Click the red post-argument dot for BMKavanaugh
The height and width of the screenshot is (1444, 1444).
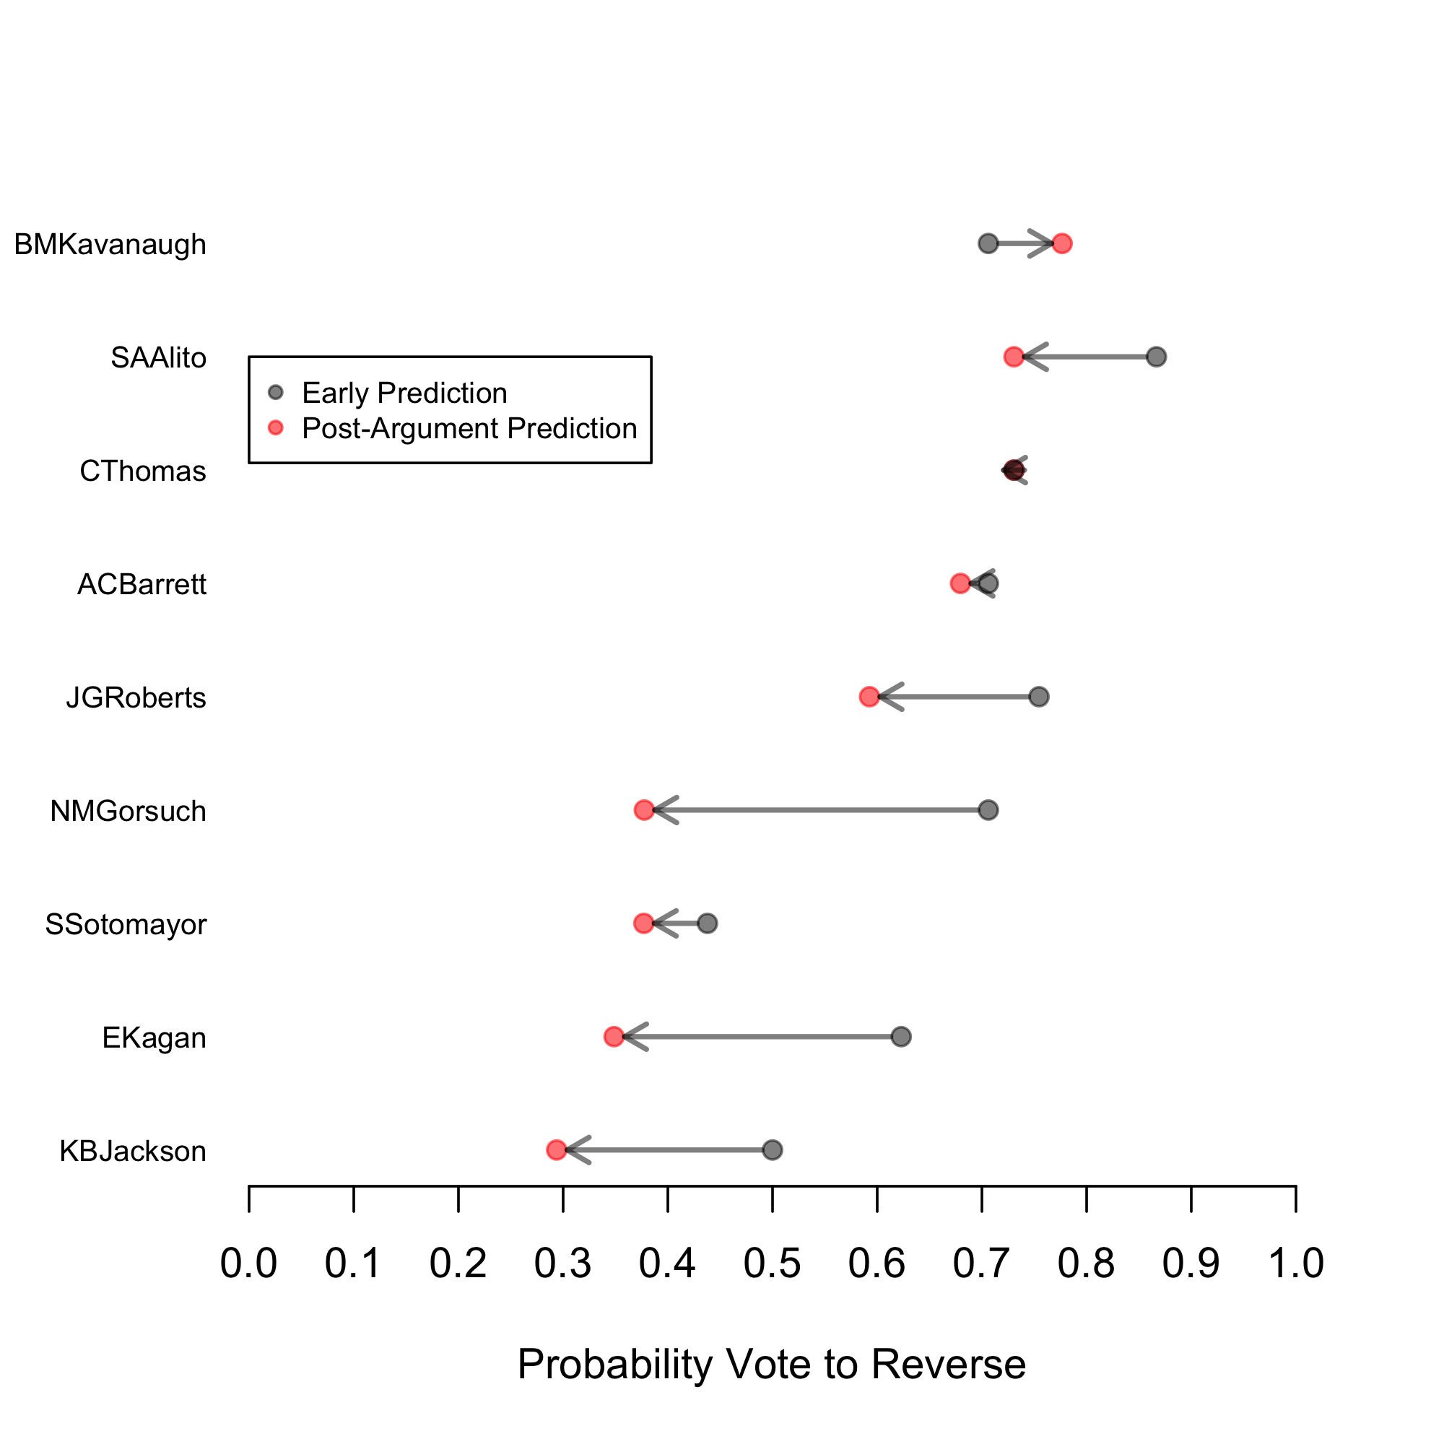[1061, 243]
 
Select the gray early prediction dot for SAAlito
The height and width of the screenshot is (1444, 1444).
[1156, 357]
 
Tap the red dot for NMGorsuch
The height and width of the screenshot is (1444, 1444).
[643, 810]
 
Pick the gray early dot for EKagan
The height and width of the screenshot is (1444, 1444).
[901, 1037]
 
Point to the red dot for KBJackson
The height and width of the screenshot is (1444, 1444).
[556, 1149]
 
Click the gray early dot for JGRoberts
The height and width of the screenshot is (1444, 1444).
[1039, 697]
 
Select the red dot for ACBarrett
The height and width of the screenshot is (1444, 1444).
[960, 583]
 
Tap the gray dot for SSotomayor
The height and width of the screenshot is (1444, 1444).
[707, 924]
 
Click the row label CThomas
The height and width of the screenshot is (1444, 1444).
[143, 471]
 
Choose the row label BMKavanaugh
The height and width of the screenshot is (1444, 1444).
[110, 245]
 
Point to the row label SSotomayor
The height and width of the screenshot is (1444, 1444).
[126, 925]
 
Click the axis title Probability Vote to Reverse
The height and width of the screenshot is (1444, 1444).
[771, 1365]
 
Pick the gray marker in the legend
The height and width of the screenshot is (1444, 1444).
[276, 392]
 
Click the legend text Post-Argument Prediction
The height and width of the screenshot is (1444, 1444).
[469, 428]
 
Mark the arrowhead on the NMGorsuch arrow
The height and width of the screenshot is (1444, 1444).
[661, 810]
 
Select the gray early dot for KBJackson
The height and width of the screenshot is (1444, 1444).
[772, 1149]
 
